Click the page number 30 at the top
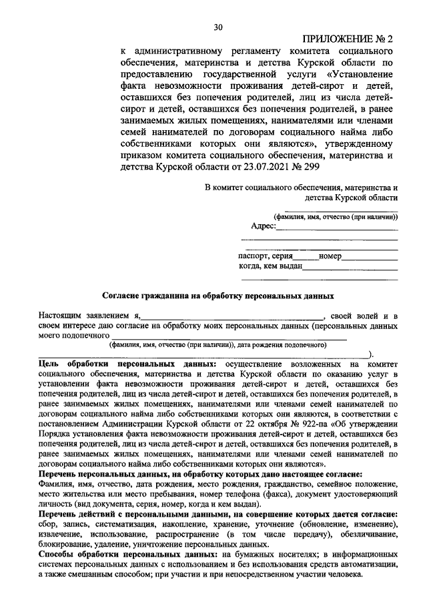click(218, 27)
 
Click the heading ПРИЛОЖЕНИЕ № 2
click(346, 39)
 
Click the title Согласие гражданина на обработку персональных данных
click(218, 294)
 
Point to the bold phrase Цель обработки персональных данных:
click(127, 364)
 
